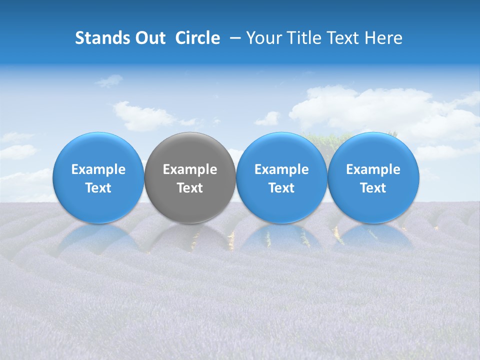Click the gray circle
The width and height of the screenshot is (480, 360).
[x=190, y=150]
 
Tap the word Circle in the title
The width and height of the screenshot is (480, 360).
[x=197, y=38]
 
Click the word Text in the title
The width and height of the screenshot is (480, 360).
[x=338, y=38]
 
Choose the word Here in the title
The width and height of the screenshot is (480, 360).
[x=383, y=38]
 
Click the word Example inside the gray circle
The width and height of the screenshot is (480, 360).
[x=190, y=169]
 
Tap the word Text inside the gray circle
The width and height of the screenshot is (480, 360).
[x=190, y=188]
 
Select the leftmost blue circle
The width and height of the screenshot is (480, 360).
[x=98, y=150]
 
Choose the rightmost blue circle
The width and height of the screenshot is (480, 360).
[x=373, y=150]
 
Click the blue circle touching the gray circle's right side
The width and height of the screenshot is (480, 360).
[x=281, y=150]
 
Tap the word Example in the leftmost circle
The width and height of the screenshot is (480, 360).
[x=98, y=169]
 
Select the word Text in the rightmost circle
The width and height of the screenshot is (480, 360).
[x=373, y=188]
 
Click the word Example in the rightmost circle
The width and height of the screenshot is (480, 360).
[x=373, y=169]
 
